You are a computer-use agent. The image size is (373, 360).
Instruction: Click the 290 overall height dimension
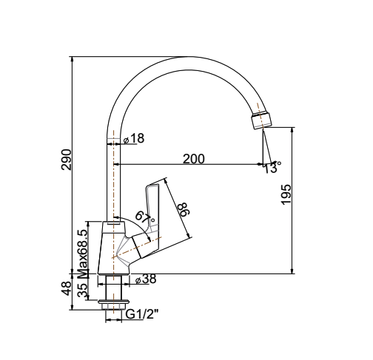pyautogui.click(x=66, y=160)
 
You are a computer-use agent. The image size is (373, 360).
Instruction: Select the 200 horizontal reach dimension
pyautogui.click(x=194, y=158)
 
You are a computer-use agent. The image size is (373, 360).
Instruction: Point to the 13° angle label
pyautogui.click(x=271, y=168)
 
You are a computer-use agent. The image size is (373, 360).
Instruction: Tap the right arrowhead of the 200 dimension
pyautogui.click(x=259, y=164)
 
